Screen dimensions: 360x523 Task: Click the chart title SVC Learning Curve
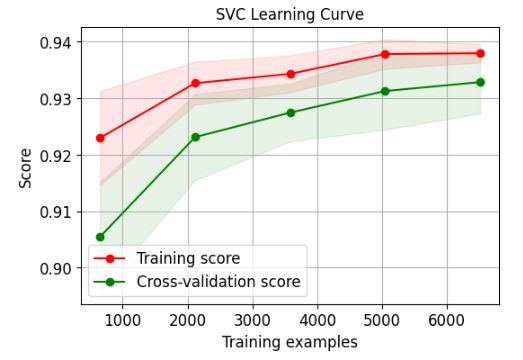click(x=289, y=15)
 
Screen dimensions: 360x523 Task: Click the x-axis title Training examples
click(x=290, y=342)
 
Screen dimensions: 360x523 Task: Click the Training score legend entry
click(x=201, y=259)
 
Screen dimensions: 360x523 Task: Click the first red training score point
click(x=100, y=137)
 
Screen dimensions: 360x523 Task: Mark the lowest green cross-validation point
click(x=100, y=237)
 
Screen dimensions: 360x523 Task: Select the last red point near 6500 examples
click(x=480, y=53)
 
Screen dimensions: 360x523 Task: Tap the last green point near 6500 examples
click(x=480, y=82)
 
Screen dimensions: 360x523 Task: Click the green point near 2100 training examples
click(x=195, y=137)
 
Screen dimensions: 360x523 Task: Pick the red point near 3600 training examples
click(x=290, y=74)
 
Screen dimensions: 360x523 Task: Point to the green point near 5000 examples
click(x=385, y=91)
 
